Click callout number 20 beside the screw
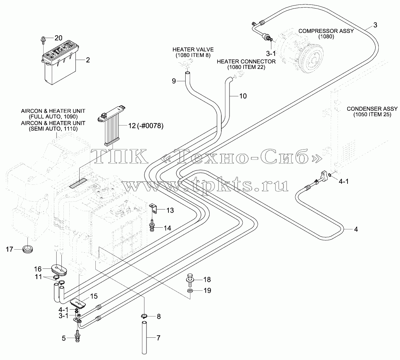[x=58, y=38]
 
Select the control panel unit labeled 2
[x=60, y=61]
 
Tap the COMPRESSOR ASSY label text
[x=326, y=31]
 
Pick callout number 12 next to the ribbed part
[x=132, y=126]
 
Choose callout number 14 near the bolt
[x=167, y=228]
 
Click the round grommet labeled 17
[x=27, y=249]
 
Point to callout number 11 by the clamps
[x=38, y=277]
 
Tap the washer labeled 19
[x=190, y=291]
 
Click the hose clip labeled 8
[x=144, y=317]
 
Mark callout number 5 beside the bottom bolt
[x=64, y=338]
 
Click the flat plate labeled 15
[x=78, y=304]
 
